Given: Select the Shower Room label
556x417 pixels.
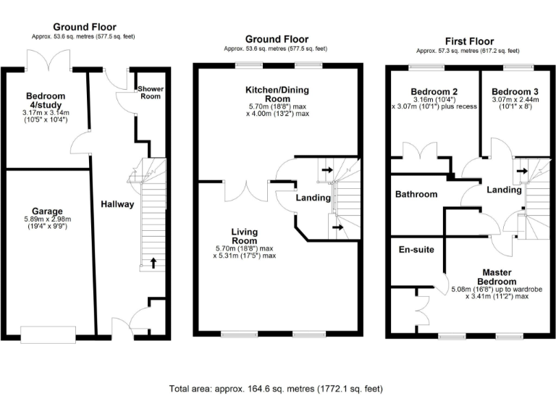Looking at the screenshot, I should (150, 92).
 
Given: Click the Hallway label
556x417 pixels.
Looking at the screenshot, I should (117, 204).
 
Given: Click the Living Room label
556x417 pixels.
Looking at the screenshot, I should (244, 236).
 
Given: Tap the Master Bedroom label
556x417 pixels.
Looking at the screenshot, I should (496, 277).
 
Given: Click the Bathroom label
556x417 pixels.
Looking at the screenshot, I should (416, 195).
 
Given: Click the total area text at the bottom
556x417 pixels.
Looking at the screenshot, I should (277, 389).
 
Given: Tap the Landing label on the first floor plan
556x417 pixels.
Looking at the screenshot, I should (503, 190).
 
